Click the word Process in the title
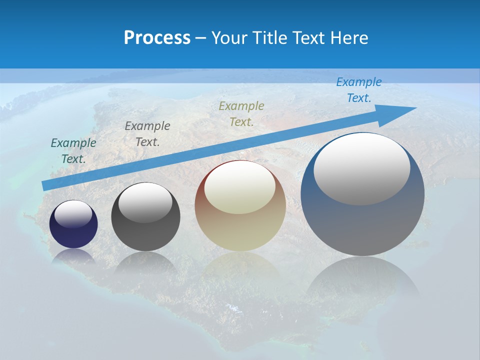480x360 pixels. (x=157, y=37)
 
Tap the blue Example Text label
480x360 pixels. (x=358, y=90)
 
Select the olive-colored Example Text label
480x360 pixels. (x=241, y=114)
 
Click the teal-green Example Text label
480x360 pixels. (x=73, y=151)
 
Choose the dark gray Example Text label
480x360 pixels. (x=147, y=134)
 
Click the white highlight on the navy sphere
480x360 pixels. (x=73, y=214)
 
